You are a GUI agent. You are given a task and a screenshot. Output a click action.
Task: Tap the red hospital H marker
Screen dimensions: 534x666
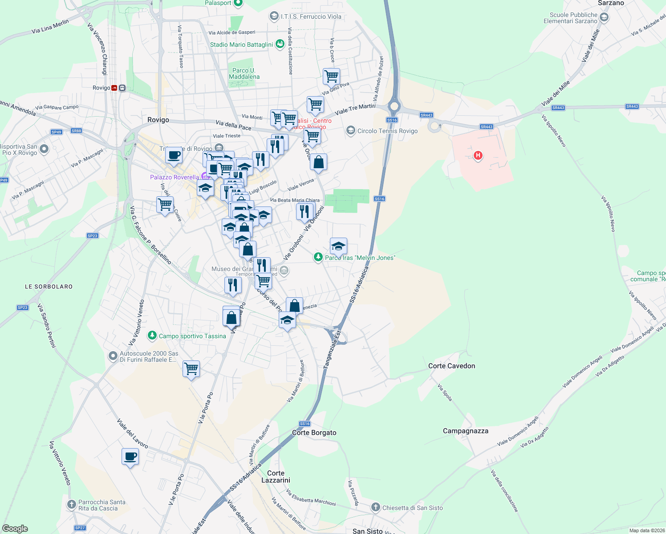point(478,155)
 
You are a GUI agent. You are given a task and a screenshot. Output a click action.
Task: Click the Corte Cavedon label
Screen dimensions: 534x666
point(451,366)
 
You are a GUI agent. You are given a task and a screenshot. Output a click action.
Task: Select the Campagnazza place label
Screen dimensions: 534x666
point(465,431)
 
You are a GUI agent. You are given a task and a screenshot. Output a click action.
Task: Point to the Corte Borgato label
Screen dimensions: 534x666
point(314,433)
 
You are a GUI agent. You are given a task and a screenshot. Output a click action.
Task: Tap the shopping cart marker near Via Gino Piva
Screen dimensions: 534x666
point(331,77)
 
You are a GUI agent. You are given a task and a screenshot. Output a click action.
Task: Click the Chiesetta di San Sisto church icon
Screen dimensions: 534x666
point(376,507)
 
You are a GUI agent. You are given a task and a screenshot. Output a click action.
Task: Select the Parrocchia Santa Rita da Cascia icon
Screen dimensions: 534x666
point(72,505)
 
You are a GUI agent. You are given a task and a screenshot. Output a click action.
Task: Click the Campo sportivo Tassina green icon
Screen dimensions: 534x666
point(152,335)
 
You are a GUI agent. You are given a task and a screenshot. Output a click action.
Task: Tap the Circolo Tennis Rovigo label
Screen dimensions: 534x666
point(387,131)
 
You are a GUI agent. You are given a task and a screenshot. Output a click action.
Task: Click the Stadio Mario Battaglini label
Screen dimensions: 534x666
point(241,44)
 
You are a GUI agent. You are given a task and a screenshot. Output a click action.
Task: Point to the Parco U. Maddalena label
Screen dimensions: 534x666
point(244,73)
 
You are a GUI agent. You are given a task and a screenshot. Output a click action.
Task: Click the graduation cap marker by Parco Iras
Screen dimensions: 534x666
point(338,246)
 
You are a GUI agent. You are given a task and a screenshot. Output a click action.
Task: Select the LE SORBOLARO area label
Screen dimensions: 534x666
point(49,287)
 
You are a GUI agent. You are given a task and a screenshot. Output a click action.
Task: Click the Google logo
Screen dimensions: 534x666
point(15,529)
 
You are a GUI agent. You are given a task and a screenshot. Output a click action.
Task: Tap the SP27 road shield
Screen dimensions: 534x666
point(80,528)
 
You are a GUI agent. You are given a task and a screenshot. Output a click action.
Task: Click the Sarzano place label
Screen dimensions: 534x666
point(611,3)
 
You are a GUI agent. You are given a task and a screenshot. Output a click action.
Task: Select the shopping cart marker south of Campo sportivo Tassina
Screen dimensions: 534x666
point(191,369)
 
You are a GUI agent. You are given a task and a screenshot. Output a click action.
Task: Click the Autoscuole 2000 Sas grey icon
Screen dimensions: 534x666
point(113,356)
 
